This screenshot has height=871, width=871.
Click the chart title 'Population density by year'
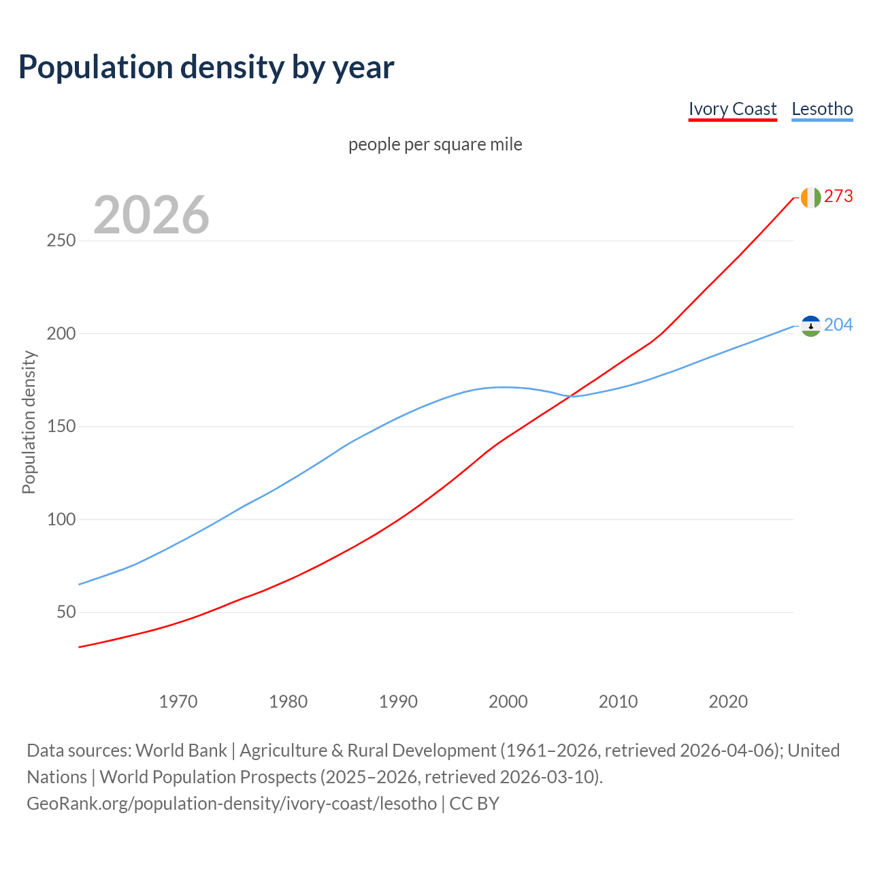206,67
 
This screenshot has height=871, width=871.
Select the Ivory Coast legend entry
732,109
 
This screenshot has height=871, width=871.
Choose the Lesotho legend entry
822,109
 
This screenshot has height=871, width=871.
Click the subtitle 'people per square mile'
435,144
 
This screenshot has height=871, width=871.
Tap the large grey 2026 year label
151,215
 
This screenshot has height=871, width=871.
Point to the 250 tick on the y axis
61,241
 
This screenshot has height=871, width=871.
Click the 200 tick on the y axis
61,334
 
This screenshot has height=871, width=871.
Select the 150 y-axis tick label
61,427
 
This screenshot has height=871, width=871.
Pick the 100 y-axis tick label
61,520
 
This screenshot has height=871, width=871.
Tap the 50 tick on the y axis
67,612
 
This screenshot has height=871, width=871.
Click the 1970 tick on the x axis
178,702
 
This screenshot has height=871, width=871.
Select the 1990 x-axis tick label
398,702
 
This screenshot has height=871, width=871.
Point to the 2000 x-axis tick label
508,702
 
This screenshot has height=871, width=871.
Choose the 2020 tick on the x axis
728,702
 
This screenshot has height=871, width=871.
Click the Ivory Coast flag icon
810,197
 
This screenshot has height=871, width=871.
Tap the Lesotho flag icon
810,326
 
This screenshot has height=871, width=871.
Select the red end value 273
838,197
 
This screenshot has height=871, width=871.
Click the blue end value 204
838,325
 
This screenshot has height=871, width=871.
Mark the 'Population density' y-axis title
29,422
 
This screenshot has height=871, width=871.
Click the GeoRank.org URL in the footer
231,804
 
